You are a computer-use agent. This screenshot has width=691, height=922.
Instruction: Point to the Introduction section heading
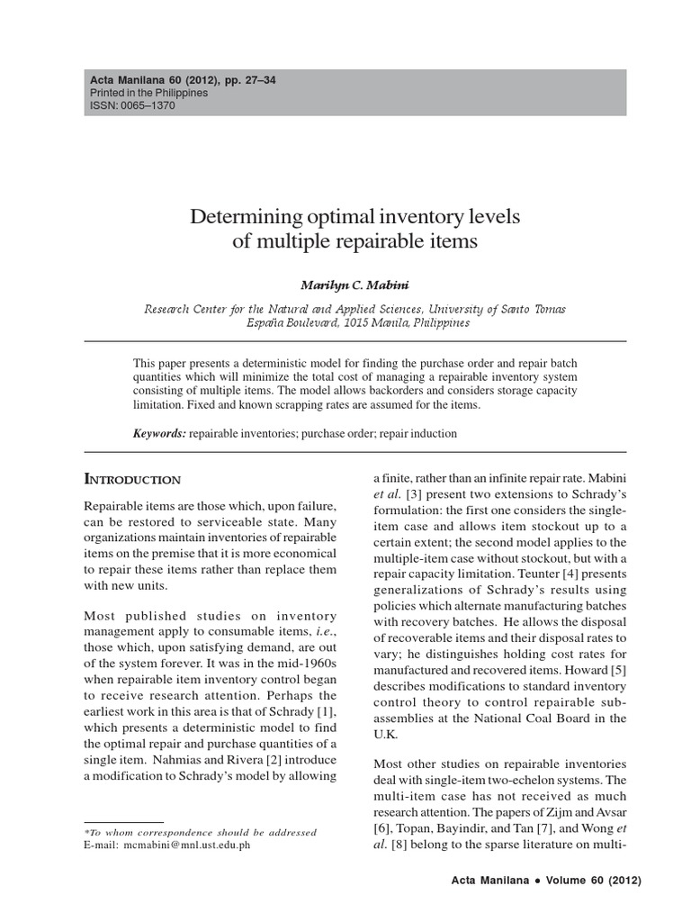132,479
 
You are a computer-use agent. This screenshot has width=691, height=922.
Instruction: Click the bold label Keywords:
159,434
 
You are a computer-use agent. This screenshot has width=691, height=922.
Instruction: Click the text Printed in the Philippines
148,93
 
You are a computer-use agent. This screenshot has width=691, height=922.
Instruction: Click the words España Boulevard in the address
291,322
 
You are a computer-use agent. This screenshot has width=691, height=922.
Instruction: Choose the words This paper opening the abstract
159,361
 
